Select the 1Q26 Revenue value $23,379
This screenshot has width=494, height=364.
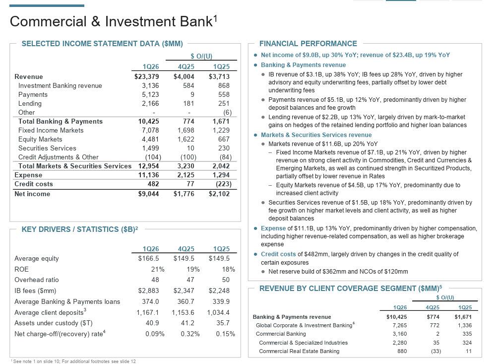click(x=146, y=76)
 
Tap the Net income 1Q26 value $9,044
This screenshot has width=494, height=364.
click(x=148, y=194)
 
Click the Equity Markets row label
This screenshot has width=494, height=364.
click(x=40, y=139)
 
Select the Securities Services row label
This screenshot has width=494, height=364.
click(x=47, y=148)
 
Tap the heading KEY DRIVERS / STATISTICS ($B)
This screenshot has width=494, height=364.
click(x=79, y=229)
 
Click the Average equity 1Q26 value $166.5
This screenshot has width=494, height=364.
click(x=148, y=258)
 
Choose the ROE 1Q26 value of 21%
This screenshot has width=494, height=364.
click(x=158, y=269)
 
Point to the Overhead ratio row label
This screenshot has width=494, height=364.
click(x=37, y=280)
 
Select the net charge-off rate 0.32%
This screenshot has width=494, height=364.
click(x=190, y=334)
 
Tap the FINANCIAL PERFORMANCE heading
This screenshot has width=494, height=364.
click(x=308, y=44)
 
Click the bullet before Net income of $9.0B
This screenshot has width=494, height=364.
click(x=255, y=55)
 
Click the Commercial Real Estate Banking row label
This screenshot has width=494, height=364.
click(x=299, y=351)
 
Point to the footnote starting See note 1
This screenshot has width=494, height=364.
click(x=73, y=361)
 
